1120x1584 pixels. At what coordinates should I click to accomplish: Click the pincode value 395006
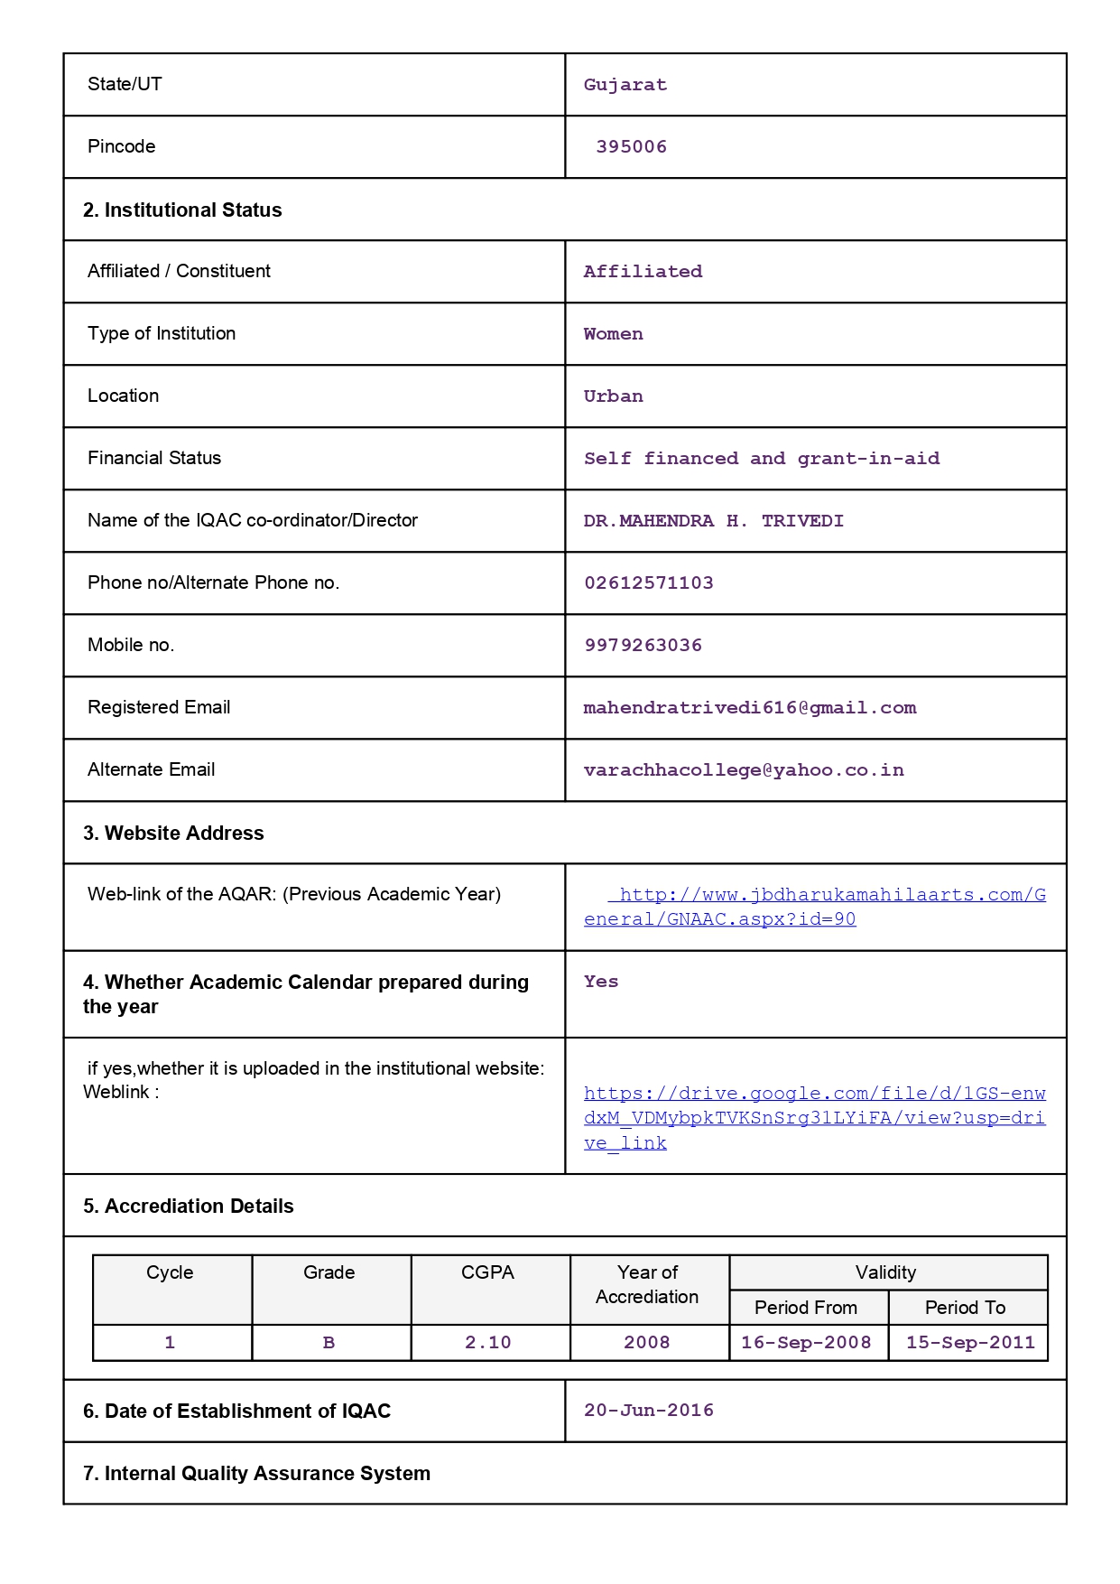pos(631,147)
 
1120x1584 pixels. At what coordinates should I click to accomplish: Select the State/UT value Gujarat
pos(625,85)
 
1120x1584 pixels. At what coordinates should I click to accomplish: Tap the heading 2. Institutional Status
pos(182,210)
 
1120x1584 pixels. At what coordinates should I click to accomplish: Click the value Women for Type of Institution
pos(613,334)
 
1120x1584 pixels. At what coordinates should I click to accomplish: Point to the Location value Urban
pos(613,396)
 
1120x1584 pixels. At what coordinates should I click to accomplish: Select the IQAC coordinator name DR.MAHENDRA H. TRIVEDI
pos(713,521)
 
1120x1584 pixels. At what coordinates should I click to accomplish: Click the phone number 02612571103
pos(648,583)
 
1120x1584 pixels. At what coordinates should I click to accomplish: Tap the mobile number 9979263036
pos(643,646)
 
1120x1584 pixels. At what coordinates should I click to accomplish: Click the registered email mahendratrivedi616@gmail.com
pos(749,708)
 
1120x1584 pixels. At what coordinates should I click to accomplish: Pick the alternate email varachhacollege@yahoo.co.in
pos(743,770)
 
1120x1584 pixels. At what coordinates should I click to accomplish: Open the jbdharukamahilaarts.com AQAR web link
pos(814,907)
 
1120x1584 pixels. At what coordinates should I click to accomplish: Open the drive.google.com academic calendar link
pos(814,1118)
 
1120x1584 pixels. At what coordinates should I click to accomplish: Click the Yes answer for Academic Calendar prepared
pos(600,982)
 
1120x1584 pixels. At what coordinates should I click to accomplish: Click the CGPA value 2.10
pos(487,1343)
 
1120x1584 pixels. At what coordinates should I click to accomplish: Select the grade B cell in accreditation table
pos(329,1343)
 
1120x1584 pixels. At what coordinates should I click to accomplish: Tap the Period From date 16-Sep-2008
pos(806,1343)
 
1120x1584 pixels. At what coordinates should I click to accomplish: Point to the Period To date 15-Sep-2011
pos(970,1343)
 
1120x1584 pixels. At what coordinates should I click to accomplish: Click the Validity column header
pos(885,1272)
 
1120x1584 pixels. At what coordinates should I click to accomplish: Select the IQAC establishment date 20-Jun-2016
pos(648,1411)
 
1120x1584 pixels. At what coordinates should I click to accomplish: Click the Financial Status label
pos(154,458)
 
